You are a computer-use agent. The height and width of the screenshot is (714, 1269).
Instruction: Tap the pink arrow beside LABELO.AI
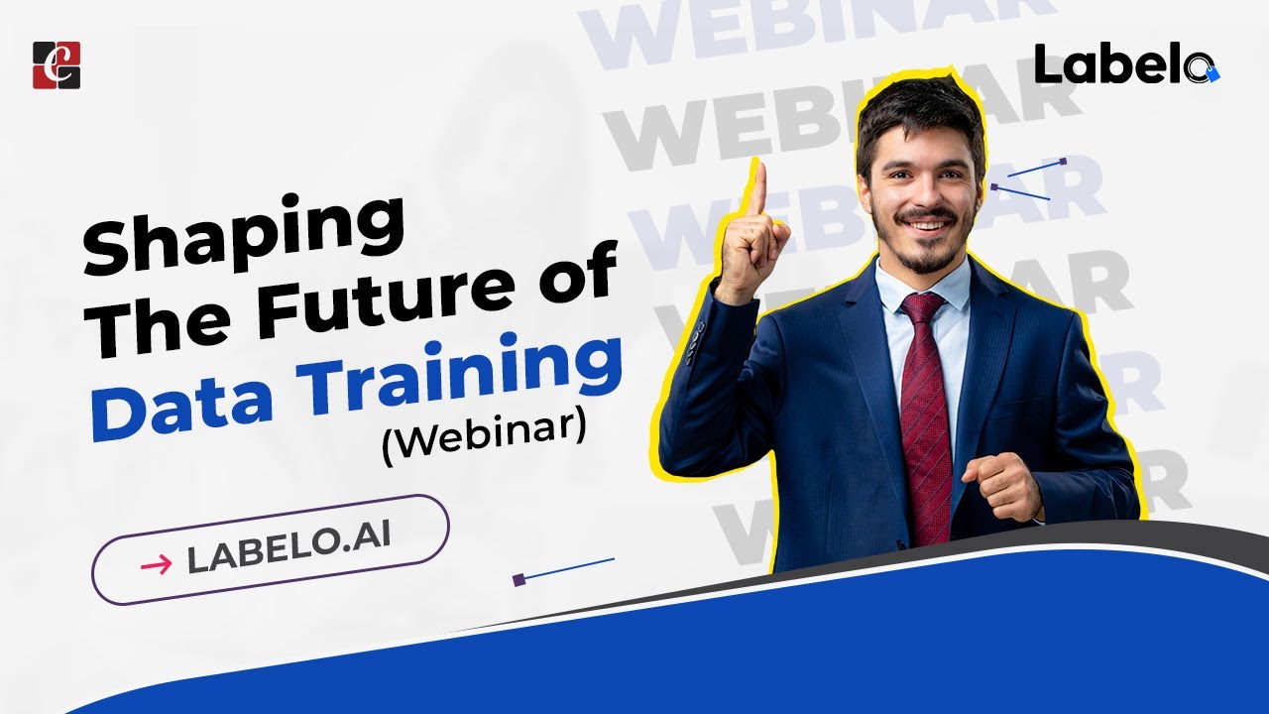coord(156,564)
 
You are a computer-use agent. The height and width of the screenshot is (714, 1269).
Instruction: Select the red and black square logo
coord(57,65)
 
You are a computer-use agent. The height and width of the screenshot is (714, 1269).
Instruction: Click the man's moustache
coord(928,215)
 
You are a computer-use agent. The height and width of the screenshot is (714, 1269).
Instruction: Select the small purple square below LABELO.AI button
coord(519,579)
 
